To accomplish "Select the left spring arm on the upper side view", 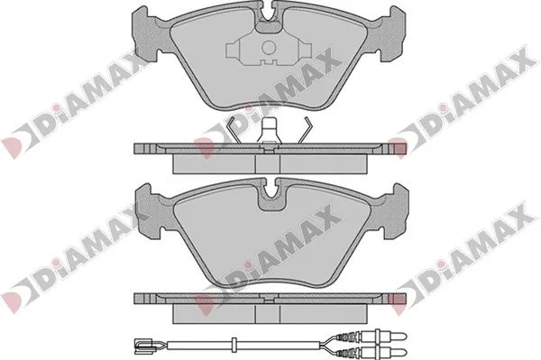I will pyautogui.click(x=233, y=128).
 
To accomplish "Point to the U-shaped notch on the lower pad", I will pyautogui.click(x=269, y=194).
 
